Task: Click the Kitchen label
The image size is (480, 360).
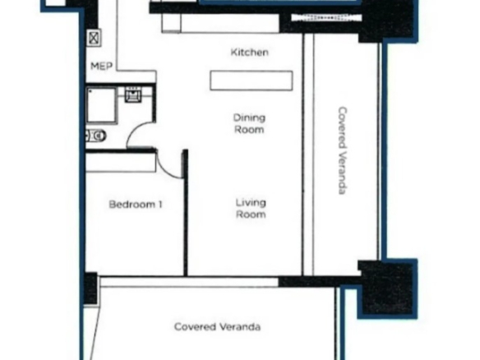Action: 250,53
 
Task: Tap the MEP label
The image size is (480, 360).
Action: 102,66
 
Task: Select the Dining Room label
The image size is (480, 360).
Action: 249,123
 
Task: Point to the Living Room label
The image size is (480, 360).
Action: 251,208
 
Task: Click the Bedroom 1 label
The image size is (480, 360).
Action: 136,204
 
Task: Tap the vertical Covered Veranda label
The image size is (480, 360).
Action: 343,150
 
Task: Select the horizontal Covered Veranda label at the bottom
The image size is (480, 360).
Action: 217,326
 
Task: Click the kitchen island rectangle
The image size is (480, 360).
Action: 252,81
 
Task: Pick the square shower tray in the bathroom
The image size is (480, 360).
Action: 102,105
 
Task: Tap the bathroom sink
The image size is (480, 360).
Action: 133,95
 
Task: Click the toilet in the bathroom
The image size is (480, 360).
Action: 96,136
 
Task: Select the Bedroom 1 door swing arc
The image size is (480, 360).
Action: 167,168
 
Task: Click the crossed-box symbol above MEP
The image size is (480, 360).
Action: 94,38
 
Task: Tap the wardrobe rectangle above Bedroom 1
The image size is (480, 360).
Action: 121,162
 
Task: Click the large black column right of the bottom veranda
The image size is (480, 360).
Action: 387,288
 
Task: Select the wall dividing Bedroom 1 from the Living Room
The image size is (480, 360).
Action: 185,213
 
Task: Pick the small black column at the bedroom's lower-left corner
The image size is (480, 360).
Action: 91,288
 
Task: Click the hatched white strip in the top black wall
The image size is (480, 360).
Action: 326,18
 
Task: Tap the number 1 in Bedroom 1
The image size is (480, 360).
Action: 160,204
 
